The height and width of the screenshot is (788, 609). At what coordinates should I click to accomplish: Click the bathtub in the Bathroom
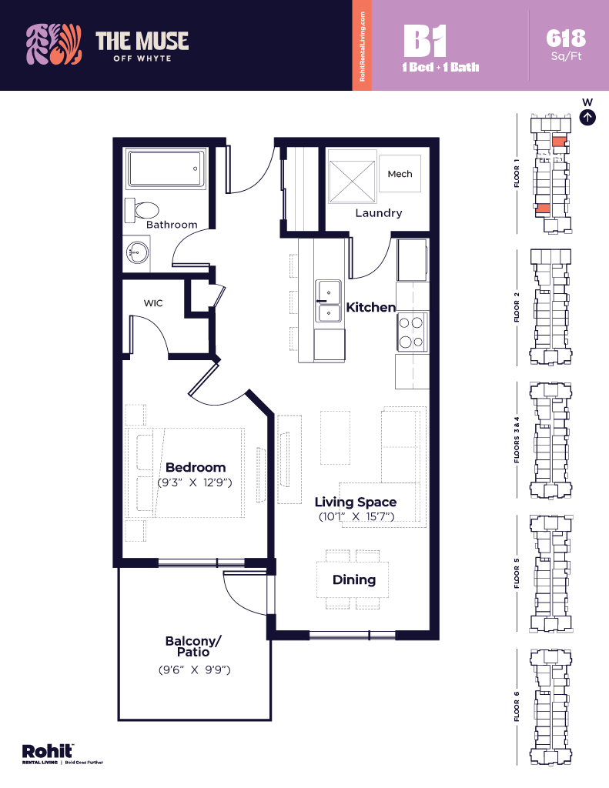tap(166, 169)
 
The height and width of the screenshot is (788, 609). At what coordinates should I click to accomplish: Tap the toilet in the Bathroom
tap(142, 211)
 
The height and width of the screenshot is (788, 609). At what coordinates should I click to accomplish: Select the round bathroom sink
tap(137, 252)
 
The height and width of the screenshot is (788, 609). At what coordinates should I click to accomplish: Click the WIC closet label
tap(153, 303)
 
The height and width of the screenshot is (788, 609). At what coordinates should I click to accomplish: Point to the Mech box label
tap(400, 174)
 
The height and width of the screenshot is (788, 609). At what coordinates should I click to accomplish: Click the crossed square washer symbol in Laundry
tap(352, 182)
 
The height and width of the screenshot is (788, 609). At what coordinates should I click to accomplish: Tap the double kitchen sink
tap(329, 301)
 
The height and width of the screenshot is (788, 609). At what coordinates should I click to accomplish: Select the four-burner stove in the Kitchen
tap(411, 332)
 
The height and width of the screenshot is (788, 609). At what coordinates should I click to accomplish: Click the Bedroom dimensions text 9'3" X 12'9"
tap(195, 482)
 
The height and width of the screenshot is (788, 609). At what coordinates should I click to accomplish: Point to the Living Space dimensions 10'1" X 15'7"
tap(356, 516)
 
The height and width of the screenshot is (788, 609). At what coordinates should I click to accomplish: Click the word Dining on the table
tap(354, 580)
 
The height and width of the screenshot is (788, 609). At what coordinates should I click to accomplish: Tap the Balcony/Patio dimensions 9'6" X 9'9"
tap(195, 669)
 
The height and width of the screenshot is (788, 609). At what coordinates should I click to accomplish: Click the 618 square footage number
tap(566, 38)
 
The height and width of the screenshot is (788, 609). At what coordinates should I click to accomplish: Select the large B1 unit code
tap(425, 41)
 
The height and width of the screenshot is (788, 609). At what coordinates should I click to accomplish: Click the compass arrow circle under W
tap(587, 118)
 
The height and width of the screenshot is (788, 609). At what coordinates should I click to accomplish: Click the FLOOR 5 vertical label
tap(517, 573)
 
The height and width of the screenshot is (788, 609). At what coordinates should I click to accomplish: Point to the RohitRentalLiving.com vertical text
tap(362, 47)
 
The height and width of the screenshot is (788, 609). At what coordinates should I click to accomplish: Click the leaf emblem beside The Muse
tap(54, 44)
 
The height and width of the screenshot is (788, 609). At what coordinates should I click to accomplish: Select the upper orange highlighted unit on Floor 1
tap(559, 142)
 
